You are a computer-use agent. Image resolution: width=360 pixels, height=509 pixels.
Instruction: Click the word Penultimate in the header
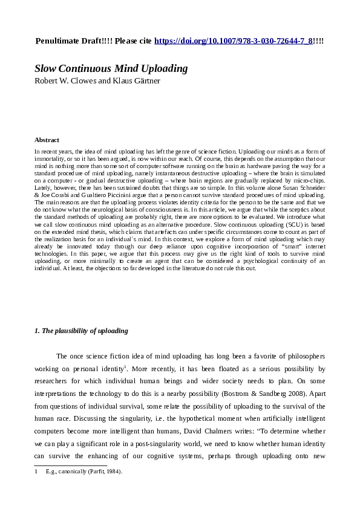pyautogui.click(x=58, y=41)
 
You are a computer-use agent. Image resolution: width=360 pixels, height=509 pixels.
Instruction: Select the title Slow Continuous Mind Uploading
pyautogui.click(x=111, y=68)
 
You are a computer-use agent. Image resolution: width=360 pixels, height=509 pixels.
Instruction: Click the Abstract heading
pyautogui.click(x=47, y=140)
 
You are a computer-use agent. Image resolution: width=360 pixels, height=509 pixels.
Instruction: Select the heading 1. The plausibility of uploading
pyautogui.click(x=80, y=331)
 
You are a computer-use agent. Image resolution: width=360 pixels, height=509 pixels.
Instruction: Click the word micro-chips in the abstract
pyautogui.click(x=310, y=180)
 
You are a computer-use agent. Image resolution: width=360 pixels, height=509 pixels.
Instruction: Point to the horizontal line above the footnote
pyautogui.click(x=71, y=465)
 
